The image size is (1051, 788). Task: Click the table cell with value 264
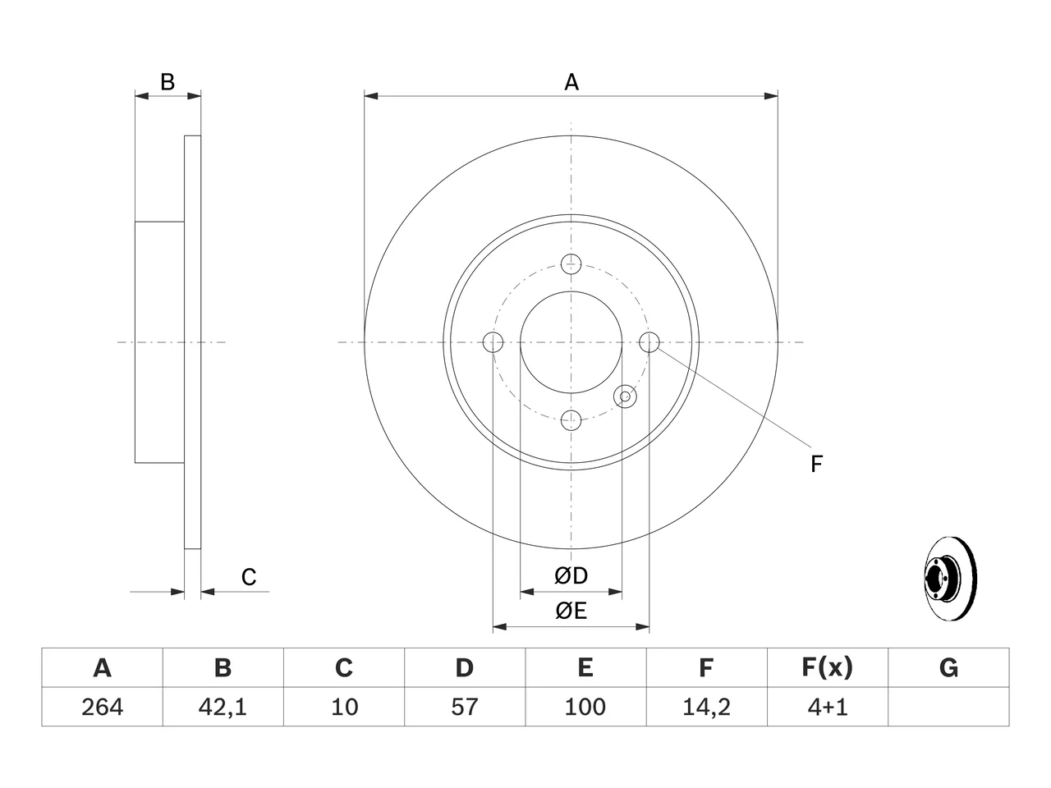tap(102, 707)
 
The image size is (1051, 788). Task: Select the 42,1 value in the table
tap(223, 707)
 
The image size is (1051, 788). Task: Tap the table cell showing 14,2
tap(707, 707)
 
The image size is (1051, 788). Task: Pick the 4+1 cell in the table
tap(828, 707)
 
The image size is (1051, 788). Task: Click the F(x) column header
tap(828, 667)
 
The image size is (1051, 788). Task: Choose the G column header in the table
tap(948, 667)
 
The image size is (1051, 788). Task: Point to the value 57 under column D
tap(465, 707)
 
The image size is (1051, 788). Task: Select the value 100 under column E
tap(585, 707)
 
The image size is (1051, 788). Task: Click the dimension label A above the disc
tap(571, 82)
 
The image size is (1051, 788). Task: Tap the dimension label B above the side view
tap(168, 82)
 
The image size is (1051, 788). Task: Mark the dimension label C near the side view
tap(249, 577)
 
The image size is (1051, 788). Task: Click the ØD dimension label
tap(571, 575)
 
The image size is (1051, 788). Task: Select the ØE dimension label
tap(571, 611)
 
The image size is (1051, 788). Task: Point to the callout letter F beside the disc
tap(816, 464)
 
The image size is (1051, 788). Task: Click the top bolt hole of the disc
tap(571, 264)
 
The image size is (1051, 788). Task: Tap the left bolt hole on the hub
tap(493, 342)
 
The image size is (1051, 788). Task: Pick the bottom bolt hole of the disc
tap(571, 420)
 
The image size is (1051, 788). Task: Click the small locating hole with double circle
tap(625, 396)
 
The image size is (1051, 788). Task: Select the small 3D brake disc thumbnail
tap(950, 579)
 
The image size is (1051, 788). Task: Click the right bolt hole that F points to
tap(649, 342)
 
